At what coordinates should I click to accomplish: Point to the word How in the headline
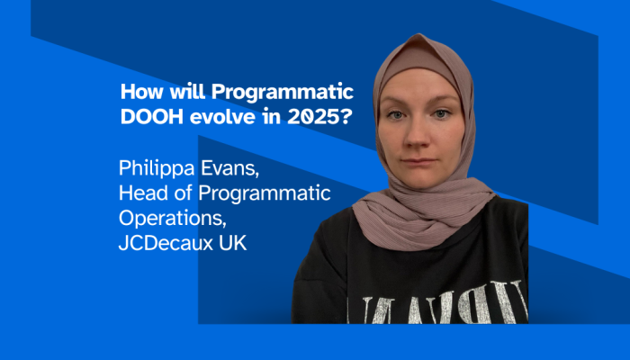[137, 92]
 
